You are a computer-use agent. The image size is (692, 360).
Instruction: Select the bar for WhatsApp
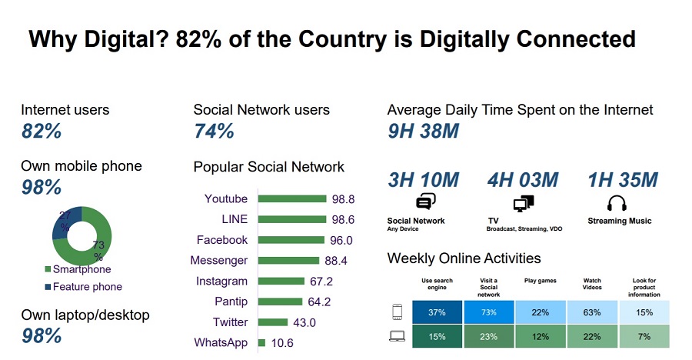click(262, 342)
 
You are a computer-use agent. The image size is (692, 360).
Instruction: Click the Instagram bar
click(281, 281)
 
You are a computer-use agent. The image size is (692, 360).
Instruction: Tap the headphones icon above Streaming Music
click(617, 203)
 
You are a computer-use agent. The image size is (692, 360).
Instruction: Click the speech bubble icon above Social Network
click(425, 203)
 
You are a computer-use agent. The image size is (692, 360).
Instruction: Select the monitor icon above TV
click(523, 203)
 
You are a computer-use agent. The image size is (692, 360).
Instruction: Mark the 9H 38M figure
click(423, 132)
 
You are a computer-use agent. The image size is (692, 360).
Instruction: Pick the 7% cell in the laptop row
click(644, 335)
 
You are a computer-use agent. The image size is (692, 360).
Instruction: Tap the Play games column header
click(540, 281)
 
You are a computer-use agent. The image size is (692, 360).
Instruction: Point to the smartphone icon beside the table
click(398, 312)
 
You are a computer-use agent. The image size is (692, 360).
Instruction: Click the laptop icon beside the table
click(398, 335)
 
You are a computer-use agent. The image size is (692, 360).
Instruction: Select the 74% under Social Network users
click(214, 132)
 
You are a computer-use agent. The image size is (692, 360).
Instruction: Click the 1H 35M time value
click(623, 180)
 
